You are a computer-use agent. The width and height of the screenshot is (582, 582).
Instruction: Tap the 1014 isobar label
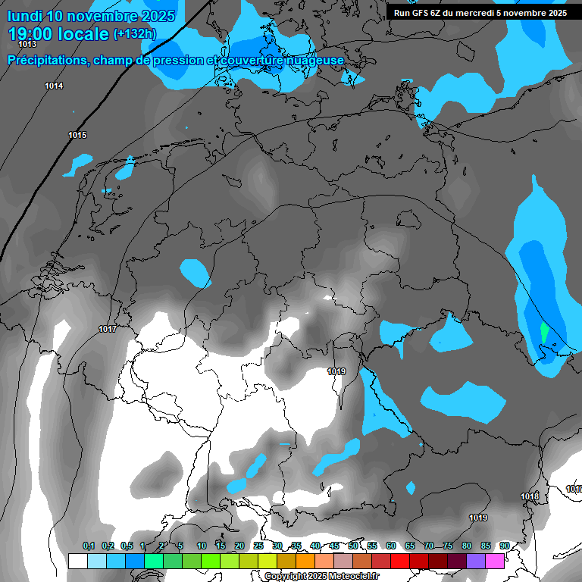click(x=54, y=86)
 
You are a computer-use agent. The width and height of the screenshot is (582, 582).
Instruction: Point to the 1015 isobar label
click(x=77, y=136)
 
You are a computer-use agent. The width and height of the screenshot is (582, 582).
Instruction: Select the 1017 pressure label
click(x=107, y=330)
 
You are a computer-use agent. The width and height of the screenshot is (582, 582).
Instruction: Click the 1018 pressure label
click(x=530, y=497)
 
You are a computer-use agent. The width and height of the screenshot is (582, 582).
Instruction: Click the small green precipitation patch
click(x=544, y=332)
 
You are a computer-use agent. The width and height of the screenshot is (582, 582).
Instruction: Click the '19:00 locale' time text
click(x=58, y=34)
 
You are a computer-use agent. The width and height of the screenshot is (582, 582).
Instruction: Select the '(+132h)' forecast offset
click(x=134, y=34)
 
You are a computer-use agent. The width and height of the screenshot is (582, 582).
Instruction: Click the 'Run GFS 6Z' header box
click(x=480, y=13)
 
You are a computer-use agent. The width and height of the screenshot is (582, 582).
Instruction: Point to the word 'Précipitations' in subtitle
click(x=46, y=61)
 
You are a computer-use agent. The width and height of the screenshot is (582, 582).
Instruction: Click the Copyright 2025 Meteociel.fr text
click(x=321, y=576)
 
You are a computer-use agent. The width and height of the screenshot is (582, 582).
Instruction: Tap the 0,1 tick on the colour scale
click(x=89, y=546)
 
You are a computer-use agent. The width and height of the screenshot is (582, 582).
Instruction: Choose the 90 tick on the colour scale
click(x=504, y=546)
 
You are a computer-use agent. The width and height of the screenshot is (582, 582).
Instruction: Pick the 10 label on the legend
click(x=202, y=546)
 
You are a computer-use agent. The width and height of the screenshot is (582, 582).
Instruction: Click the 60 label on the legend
click(x=390, y=546)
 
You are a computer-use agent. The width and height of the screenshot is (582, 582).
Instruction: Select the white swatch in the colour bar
click(x=77, y=561)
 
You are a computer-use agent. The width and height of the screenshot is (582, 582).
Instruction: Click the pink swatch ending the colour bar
click(x=495, y=561)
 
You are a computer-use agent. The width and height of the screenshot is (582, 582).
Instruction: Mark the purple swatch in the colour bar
click(x=476, y=561)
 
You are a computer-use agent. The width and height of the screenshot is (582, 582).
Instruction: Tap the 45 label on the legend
click(x=334, y=546)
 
